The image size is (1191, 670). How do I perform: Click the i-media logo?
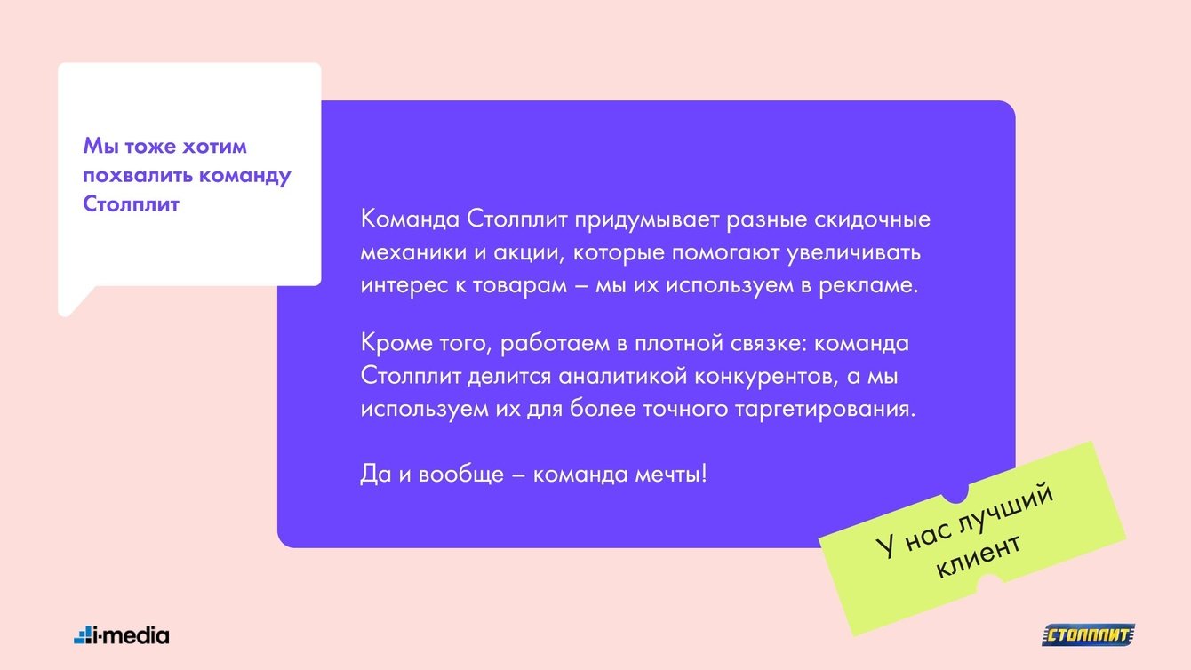[x=121, y=635]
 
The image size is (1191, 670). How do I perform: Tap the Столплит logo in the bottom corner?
[x=1088, y=635]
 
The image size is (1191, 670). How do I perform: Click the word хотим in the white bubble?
[x=215, y=147]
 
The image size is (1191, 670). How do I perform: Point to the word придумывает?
[x=646, y=220]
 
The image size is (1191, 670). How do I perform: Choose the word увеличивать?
[x=853, y=253]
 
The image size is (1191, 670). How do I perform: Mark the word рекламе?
[x=868, y=286]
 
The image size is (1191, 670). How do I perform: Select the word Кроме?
[x=396, y=342]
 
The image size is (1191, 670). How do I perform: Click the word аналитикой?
[x=623, y=377]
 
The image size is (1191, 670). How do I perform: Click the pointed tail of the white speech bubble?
[x=66, y=313]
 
